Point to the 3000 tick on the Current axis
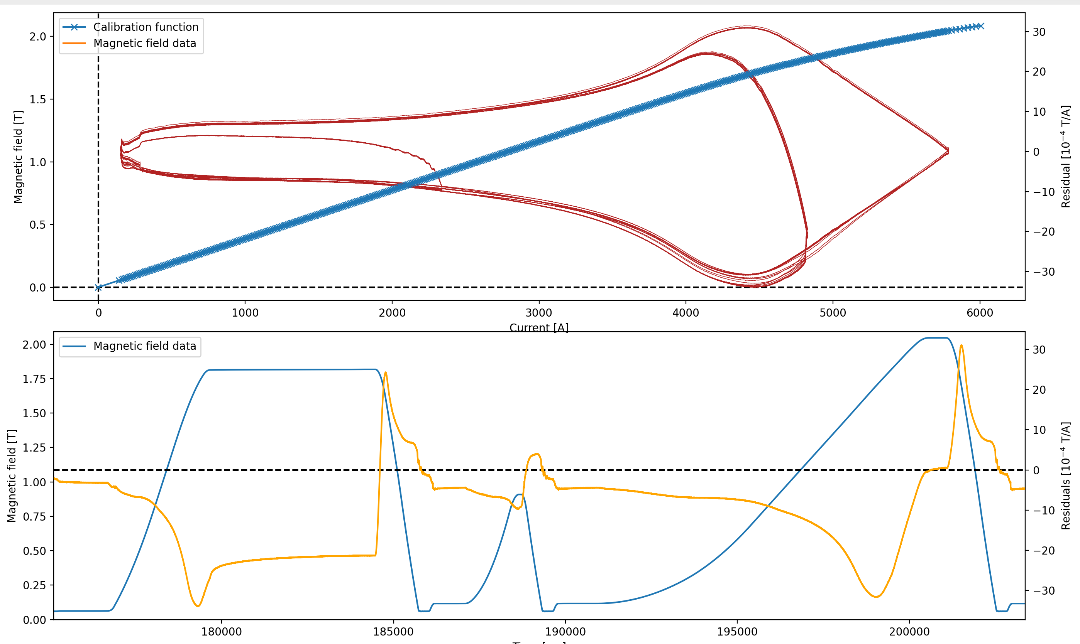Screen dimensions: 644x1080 coord(538,312)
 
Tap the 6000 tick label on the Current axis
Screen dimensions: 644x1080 coord(980,312)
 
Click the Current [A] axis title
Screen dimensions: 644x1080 coord(538,327)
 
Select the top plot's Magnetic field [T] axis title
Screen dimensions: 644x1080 coord(18,157)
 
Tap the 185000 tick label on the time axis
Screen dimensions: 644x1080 coord(393,631)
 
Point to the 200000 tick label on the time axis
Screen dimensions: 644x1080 coord(909,631)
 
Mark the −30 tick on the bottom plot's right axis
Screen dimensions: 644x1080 coord(1042,591)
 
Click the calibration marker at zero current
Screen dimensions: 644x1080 coord(98,287)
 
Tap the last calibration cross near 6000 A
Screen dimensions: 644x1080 coord(980,26)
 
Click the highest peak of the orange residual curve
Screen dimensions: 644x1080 coord(961,346)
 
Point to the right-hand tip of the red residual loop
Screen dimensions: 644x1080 coord(948,150)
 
